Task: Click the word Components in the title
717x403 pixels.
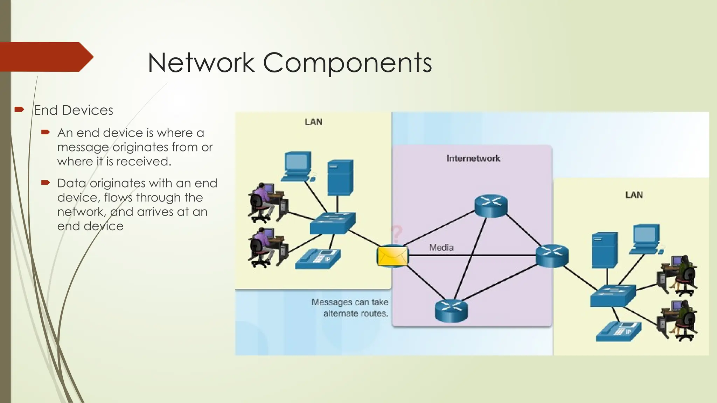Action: pos(347,63)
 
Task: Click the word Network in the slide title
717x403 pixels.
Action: pos(201,63)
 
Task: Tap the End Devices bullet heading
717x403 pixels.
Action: pos(74,110)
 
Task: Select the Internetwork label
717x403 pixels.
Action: pos(473,158)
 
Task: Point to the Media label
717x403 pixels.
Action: pos(441,248)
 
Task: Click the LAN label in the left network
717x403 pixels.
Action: pos(313,122)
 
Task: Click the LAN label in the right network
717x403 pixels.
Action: pos(634,195)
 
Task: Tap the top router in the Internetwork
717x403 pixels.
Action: pos(491,205)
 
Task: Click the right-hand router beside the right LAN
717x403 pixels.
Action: pos(552,256)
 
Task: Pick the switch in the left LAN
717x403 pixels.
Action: pos(332,223)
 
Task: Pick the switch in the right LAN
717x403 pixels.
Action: pos(613,296)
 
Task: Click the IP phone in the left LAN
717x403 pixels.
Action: pos(318,259)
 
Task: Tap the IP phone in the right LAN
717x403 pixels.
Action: pos(619,331)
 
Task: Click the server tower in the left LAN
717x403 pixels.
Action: pos(340,177)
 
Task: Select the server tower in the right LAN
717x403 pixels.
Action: pos(604,250)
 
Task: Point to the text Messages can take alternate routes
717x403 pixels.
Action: pos(350,307)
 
